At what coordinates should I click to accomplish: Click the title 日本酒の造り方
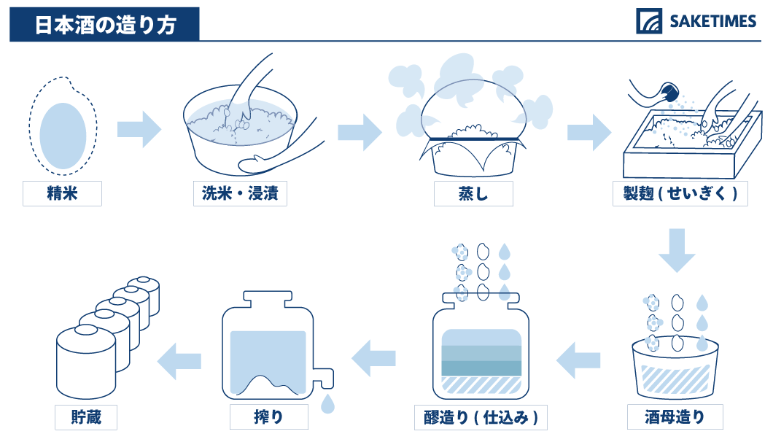tap(105, 25)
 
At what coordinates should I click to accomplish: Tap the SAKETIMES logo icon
tap(649, 20)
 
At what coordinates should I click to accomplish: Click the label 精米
tap(62, 193)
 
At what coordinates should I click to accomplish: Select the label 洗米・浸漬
tap(240, 193)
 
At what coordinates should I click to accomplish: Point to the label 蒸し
tap(473, 193)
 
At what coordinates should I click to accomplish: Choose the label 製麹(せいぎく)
tap(680, 193)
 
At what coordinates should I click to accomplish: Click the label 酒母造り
tap(675, 417)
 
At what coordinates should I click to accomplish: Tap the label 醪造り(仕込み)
tap(481, 417)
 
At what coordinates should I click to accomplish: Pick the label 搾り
tap(268, 417)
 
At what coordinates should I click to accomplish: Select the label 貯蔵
tap(86, 417)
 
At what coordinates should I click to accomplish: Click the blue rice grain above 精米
tap(63, 136)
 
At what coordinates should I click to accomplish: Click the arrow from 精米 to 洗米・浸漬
tap(139, 129)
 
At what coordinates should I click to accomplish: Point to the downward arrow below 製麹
tap(677, 250)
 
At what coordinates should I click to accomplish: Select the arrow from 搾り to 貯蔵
tap(179, 361)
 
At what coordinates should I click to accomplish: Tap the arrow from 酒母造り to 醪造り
tap(578, 360)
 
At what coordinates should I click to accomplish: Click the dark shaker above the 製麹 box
tap(669, 93)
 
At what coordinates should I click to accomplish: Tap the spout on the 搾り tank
tap(323, 378)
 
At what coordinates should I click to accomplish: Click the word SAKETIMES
tap(712, 21)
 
